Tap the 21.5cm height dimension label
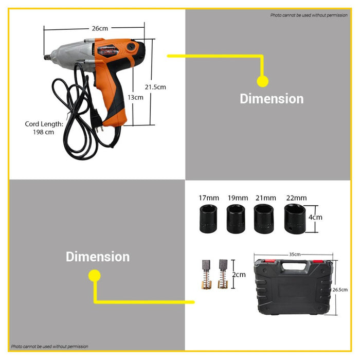(155, 87)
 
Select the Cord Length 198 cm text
(44, 128)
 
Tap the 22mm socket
(295, 219)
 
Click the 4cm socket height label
(316, 217)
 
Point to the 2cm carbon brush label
(239, 275)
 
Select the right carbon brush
(223, 274)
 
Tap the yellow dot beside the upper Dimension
(262, 81)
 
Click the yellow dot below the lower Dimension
(94, 276)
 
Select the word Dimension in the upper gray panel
(272, 99)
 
